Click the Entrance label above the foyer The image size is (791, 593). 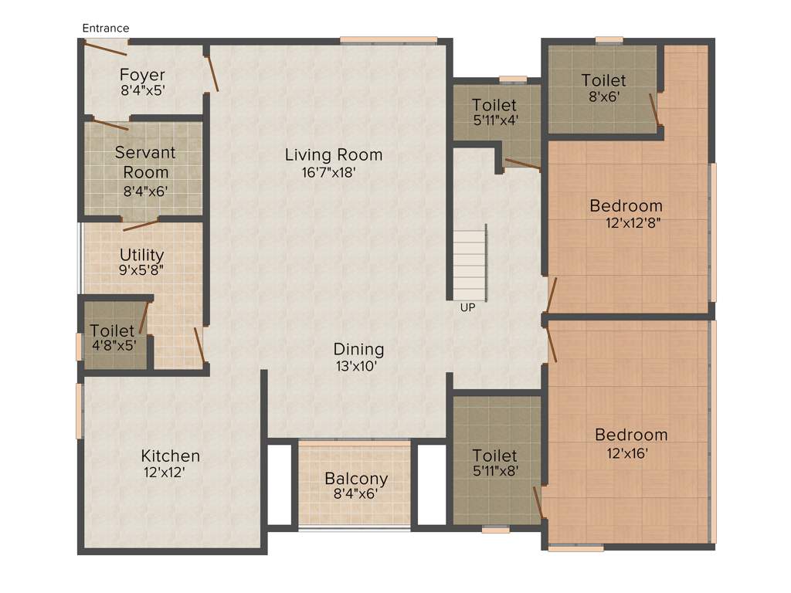point(106,29)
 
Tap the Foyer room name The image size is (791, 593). point(142,75)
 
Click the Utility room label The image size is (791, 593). point(141,255)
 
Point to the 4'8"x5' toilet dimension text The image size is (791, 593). point(113,345)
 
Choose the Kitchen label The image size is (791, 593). point(170,456)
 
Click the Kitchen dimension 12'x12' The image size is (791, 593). point(164,472)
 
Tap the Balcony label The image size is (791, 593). point(356,478)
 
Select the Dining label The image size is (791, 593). point(358,350)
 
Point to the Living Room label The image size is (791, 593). point(334,155)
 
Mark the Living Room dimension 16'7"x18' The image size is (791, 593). point(328,173)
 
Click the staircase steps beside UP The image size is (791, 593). point(469,263)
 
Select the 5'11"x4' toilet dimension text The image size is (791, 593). point(494,120)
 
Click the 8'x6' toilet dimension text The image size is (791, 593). point(603,97)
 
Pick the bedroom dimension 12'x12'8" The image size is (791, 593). point(633,223)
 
